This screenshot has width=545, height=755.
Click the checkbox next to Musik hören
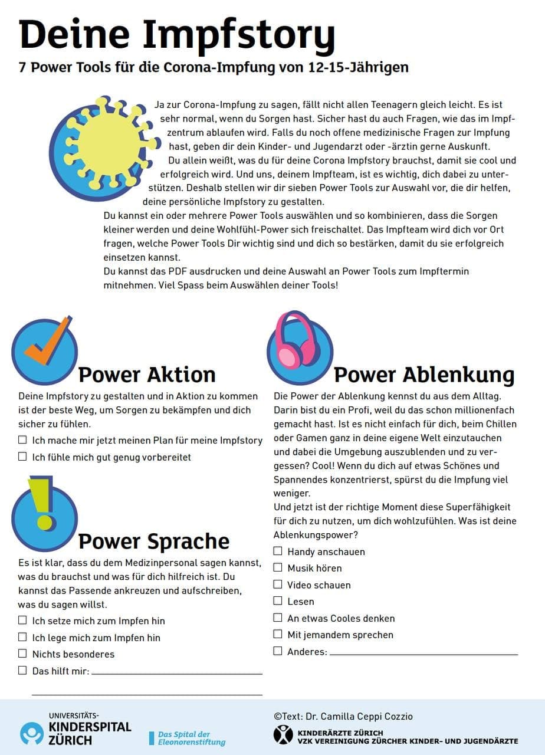tap(278, 567)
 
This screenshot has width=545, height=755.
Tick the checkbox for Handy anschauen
tap(278, 551)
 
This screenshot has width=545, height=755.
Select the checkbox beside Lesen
tap(278, 601)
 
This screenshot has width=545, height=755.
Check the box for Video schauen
tap(278, 585)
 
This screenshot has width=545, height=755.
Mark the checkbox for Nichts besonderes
tap(22, 654)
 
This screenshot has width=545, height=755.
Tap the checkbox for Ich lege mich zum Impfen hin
tap(22, 637)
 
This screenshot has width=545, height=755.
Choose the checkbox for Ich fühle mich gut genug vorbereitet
tap(22, 457)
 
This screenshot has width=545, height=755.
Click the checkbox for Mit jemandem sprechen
tap(278, 634)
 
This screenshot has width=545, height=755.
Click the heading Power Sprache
tap(154, 541)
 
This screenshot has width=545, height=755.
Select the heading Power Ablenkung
tap(424, 374)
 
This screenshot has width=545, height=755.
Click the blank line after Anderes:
tap(423, 654)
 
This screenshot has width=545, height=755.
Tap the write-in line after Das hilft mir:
tap(176, 672)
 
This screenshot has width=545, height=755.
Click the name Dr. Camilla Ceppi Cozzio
tap(360, 716)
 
